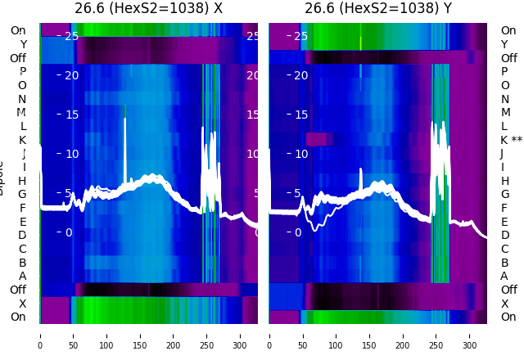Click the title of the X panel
(148, 9)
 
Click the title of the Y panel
(378, 9)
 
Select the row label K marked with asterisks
(511, 140)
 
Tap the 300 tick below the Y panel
(470, 335)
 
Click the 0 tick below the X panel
(40, 335)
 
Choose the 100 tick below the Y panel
(337, 335)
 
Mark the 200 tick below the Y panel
(403, 335)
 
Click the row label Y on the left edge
(23, 44)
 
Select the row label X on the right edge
(504, 304)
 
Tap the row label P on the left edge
(23, 71)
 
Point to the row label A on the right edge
(504, 276)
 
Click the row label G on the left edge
(22, 194)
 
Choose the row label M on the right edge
(505, 112)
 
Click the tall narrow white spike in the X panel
(125, 147)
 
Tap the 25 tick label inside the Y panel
(300, 36)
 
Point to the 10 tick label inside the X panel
(71, 154)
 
